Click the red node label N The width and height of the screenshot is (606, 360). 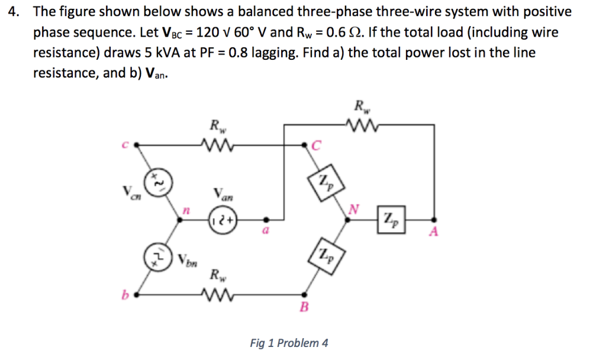[x=354, y=207]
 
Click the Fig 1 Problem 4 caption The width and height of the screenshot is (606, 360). [x=289, y=343]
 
